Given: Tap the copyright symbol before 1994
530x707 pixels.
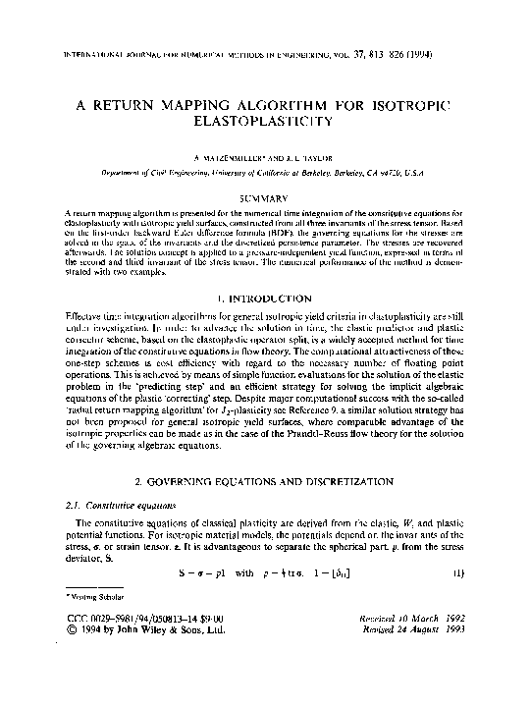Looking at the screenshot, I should pos(68,630).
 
